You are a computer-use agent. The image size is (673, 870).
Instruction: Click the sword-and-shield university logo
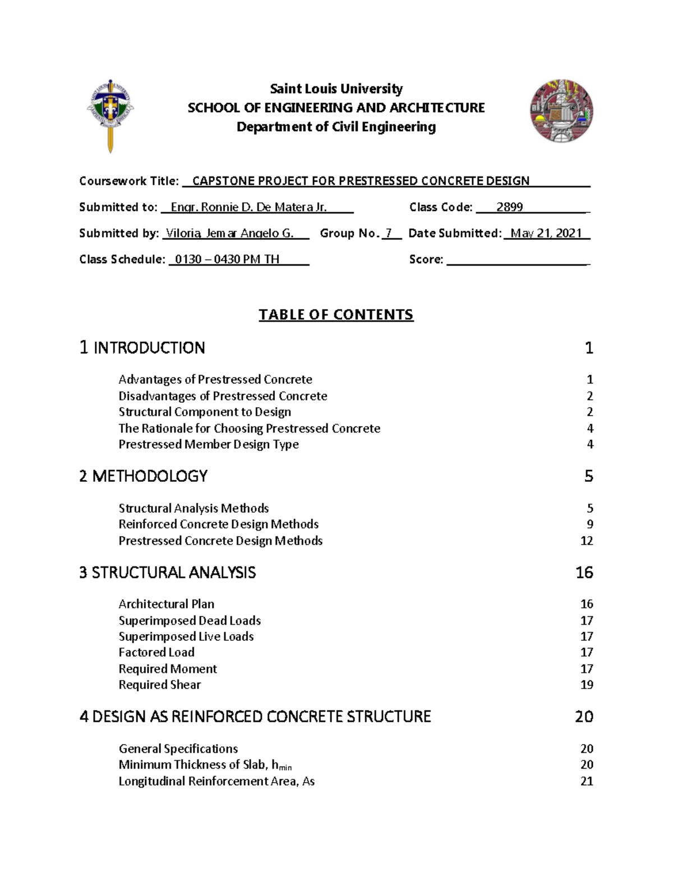[x=110, y=115]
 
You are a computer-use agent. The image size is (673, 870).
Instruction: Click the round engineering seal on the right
[x=561, y=110]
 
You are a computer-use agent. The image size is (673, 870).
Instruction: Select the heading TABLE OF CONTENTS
[x=335, y=315]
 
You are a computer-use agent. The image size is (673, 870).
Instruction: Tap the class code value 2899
[x=509, y=207]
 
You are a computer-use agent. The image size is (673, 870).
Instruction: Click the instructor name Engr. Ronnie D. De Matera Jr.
[x=248, y=207]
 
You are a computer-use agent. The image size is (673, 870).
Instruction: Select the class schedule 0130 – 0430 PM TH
[x=227, y=259]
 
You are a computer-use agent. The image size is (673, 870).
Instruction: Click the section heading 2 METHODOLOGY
[x=144, y=476]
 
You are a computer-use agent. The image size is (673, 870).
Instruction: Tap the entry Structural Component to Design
[x=205, y=412]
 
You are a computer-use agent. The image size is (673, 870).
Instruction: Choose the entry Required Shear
[x=159, y=685]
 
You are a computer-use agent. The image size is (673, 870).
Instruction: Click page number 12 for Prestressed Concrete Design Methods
[x=587, y=541]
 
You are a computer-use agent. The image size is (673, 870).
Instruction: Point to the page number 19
[x=587, y=685]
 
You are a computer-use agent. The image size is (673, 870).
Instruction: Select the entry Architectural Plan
[x=166, y=604]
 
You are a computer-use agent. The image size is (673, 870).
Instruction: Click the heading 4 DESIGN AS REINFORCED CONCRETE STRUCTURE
[x=255, y=717]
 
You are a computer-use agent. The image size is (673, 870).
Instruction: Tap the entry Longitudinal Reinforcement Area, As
[x=216, y=781]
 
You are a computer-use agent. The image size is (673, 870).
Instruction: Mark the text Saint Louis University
[x=336, y=89]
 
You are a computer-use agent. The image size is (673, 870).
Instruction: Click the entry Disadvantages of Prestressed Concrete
[x=223, y=396]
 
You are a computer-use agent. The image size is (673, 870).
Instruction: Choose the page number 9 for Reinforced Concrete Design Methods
[x=589, y=524]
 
